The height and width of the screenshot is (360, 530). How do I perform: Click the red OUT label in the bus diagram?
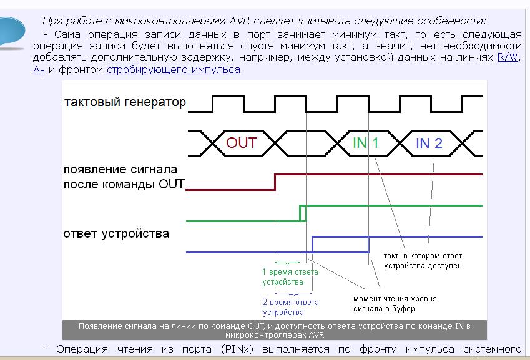pos(242,143)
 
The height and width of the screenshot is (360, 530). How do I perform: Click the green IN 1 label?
pos(365,143)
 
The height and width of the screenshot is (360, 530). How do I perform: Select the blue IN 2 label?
pos(429,144)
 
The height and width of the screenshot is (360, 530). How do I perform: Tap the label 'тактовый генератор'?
pos(125,102)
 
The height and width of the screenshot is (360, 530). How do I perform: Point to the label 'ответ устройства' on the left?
pos(116,234)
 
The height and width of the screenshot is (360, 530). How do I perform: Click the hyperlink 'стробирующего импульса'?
pos(174,70)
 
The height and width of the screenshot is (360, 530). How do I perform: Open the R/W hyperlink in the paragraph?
pos(508,57)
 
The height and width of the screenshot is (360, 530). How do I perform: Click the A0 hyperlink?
pos(39,71)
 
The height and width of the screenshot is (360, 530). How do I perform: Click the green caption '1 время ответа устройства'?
pos(290,276)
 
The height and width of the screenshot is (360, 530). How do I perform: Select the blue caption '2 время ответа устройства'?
pos(290,308)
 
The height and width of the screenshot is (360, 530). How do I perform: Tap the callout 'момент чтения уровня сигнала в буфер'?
pos(395,304)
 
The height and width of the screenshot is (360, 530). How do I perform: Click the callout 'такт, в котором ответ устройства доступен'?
pos(423,260)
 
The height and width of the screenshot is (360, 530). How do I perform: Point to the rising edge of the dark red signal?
pos(275,182)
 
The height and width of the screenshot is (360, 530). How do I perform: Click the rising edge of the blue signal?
pos(312,245)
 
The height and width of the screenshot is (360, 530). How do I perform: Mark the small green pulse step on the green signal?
pos(303,213)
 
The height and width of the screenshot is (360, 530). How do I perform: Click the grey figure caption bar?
pos(275,330)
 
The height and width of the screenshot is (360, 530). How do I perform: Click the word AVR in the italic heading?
pos(240,21)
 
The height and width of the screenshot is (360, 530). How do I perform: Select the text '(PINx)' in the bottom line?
pos(237,349)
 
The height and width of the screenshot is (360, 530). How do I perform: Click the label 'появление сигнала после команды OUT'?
pos(124,177)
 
